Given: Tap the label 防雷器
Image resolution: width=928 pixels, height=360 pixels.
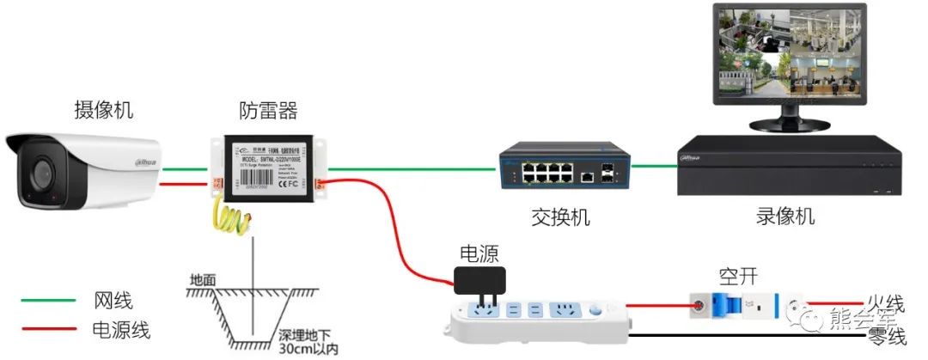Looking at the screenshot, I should coord(267,110).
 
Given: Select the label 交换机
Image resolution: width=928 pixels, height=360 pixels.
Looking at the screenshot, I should coord(560,217).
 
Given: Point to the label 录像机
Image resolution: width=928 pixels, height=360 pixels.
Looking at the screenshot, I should coord(786,215).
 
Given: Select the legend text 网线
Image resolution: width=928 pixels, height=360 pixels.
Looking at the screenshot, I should coord(112,301).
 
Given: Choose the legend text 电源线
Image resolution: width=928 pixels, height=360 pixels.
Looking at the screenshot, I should coord(121,329).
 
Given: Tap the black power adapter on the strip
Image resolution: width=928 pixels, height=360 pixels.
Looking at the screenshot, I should coord(479,280).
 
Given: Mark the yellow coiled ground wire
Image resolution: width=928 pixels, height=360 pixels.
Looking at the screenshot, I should coord(233,220).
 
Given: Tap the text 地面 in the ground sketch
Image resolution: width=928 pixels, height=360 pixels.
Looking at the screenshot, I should coord(204,279).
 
